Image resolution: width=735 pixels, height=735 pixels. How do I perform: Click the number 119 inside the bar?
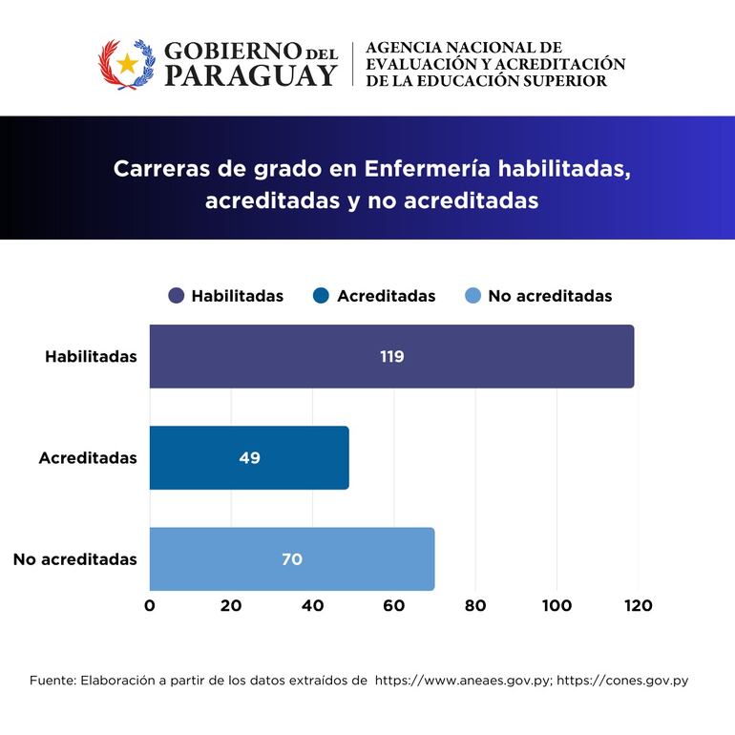pos(391,356)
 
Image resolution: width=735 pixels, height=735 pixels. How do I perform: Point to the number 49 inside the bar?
pos(249,457)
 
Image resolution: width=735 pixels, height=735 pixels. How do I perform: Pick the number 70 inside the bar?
pos(292,558)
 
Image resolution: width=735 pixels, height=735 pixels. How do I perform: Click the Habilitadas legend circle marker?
pos(177,296)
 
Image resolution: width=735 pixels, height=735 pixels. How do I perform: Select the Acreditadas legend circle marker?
pos(322,296)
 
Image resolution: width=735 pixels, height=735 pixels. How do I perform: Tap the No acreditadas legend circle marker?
pos(472,296)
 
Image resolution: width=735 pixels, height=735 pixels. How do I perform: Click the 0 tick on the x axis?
pos(150,605)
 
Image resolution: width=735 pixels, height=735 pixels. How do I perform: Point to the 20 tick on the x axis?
pos(231,605)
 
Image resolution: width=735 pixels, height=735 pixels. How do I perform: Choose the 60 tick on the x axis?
pos(394,605)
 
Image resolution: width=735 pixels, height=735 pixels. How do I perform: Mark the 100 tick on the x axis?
pos(556,605)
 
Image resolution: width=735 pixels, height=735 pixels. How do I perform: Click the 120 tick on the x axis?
pos(638,605)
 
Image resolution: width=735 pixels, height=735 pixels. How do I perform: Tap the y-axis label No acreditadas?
pos(75,558)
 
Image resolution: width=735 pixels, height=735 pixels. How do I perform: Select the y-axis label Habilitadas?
pos(91,356)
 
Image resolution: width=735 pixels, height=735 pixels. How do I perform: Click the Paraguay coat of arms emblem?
pos(127,64)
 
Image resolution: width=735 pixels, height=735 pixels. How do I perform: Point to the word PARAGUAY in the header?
pos(251,76)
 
